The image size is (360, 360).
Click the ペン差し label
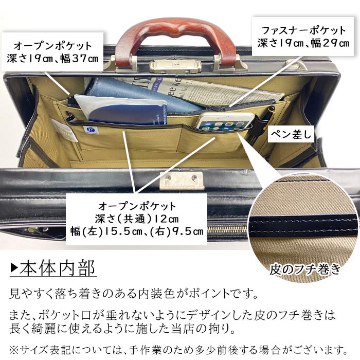pos(291,135)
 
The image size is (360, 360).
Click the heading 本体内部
pos(58,269)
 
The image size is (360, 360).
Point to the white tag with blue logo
pos(92,130)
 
